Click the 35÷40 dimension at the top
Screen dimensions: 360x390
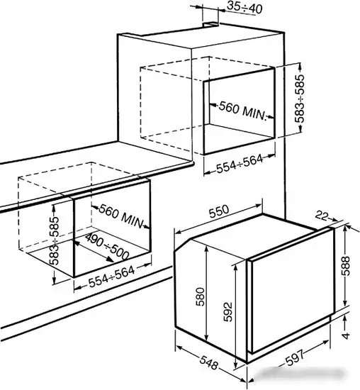click(244, 8)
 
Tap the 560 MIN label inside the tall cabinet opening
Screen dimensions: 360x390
click(242, 111)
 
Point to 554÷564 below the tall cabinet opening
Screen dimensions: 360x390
click(240, 164)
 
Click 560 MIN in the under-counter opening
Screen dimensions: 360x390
click(122, 216)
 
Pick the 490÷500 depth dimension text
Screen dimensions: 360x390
click(107, 247)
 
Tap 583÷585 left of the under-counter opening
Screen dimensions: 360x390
click(54, 240)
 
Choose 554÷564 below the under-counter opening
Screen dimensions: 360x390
click(112, 277)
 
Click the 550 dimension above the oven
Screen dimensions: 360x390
click(218, 211)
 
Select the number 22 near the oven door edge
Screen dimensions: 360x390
click(322, 216)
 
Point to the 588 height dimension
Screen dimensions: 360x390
click(345, 266)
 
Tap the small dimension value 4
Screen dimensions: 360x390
click(346, 336)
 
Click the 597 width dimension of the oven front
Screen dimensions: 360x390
click(295, 358)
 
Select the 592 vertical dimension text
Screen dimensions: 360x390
click(227, 312)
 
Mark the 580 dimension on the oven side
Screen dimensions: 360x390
click(200, 296)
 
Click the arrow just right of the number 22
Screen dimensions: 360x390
click(333, 219)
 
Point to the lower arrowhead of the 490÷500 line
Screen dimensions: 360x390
click(110, 260)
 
